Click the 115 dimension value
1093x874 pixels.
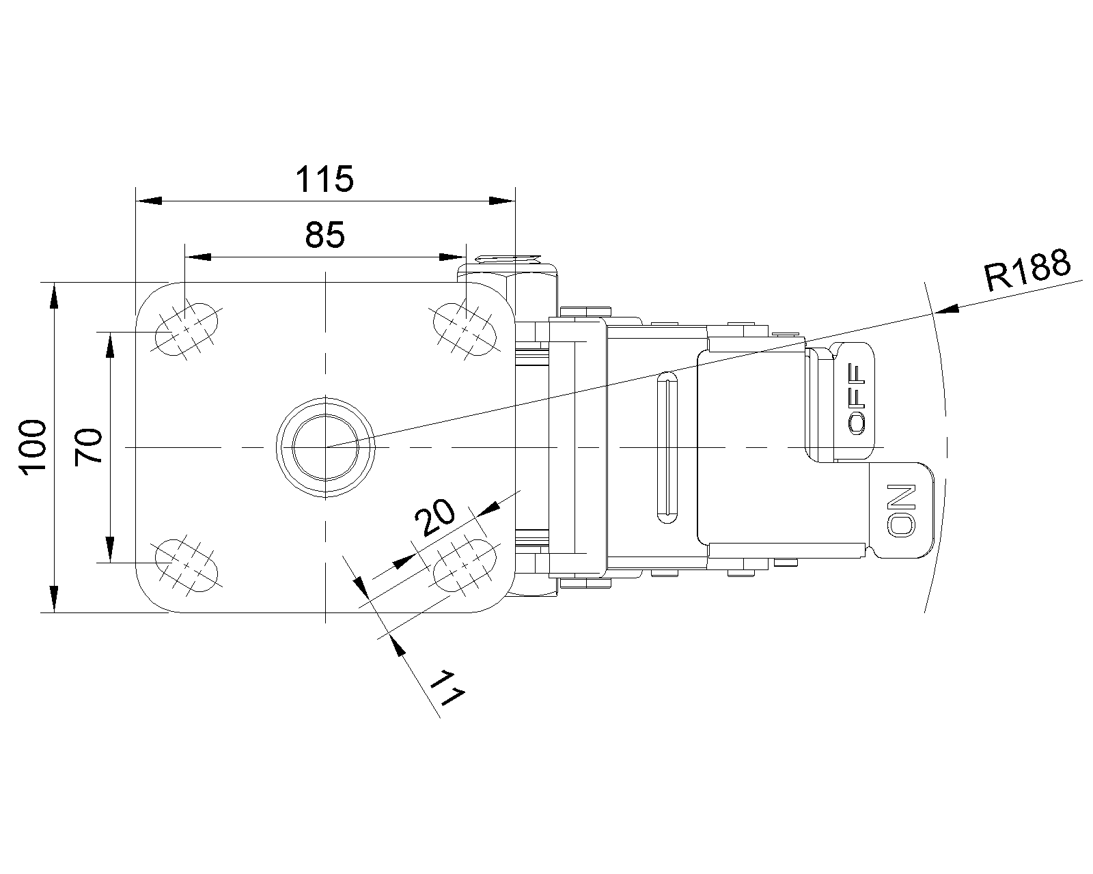coord(324,180)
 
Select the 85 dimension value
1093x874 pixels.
coord(325,236)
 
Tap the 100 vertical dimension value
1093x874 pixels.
coord(32,447)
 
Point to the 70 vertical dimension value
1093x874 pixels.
coord(89,447)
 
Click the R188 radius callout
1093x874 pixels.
coord(1027,270)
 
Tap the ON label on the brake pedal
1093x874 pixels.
coord(901,509)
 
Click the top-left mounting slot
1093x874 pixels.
coord(186,328)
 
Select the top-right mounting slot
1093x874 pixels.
coord(465,329)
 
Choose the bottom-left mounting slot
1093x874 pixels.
coord(186,564)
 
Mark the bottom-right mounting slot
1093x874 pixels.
coord(465,564)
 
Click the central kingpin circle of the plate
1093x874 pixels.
coord(325,447)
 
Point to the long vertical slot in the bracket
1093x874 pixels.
coord(667,447)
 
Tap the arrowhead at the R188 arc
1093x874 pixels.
coord(946,311)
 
